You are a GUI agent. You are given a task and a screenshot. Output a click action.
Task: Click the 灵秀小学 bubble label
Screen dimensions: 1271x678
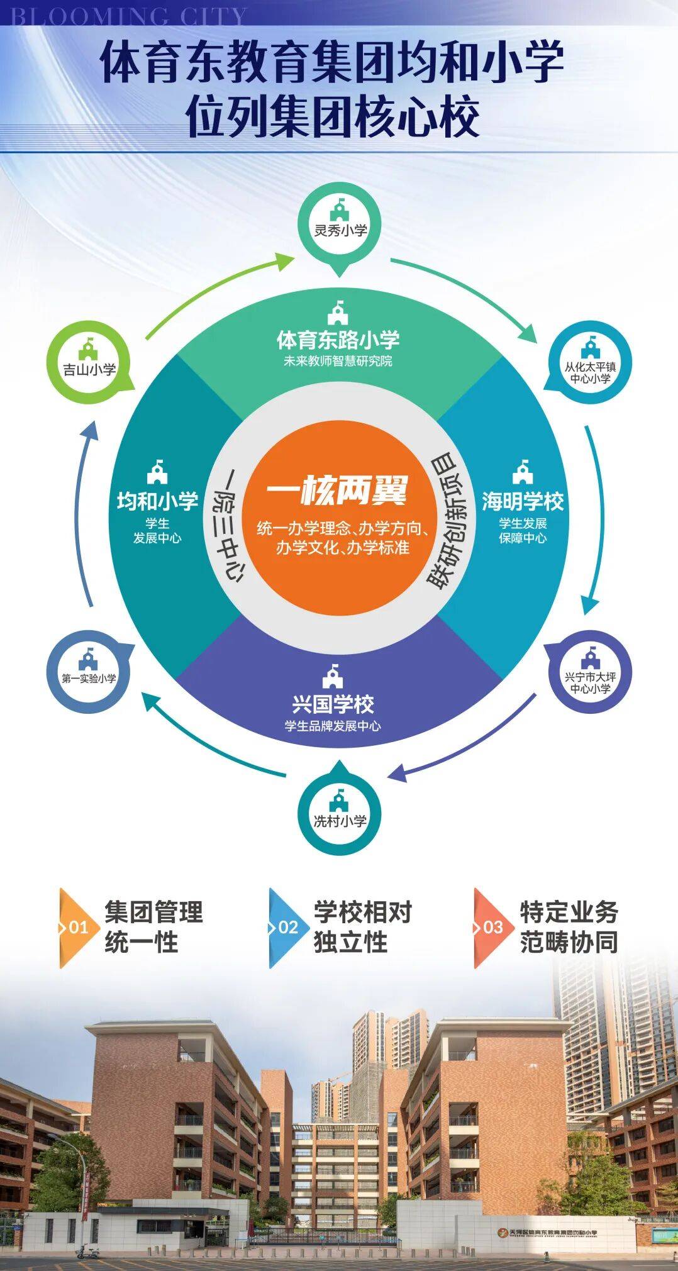(x=340, y=230)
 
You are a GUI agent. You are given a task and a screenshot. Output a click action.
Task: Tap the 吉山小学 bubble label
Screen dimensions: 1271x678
(x=89, y=369)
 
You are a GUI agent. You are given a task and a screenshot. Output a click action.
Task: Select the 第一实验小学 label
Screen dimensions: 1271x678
(x=89, y=679)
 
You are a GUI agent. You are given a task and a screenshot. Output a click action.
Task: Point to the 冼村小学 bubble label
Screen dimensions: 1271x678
(x=340, y=821)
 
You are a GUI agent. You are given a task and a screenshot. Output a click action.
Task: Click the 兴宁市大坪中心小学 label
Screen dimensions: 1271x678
(x=590, y=682)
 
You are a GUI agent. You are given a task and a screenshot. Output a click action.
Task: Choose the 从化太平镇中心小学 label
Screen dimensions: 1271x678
(x=590, y=372)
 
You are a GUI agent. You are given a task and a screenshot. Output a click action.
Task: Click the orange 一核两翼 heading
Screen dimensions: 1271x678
(x=337, y=491)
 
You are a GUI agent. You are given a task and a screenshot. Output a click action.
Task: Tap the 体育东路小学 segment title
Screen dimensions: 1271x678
(x=338, y=340)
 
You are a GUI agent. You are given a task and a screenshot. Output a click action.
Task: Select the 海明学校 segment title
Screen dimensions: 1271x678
(x=523, y=501)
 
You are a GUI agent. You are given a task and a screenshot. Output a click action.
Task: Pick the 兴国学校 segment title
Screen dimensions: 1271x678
(x=333, y=704)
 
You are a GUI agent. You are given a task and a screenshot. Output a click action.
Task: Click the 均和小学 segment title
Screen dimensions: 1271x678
(x=157, y=501)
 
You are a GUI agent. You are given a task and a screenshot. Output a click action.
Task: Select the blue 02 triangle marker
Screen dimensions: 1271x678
(x=286, y=928)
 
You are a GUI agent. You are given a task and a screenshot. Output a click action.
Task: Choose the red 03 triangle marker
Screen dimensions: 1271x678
(x=491, y=928)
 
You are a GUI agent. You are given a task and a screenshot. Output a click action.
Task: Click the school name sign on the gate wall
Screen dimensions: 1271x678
(x=547, y=1233)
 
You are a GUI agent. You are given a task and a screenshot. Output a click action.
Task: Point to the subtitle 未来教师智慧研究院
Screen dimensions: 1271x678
(x=338, y=362)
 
